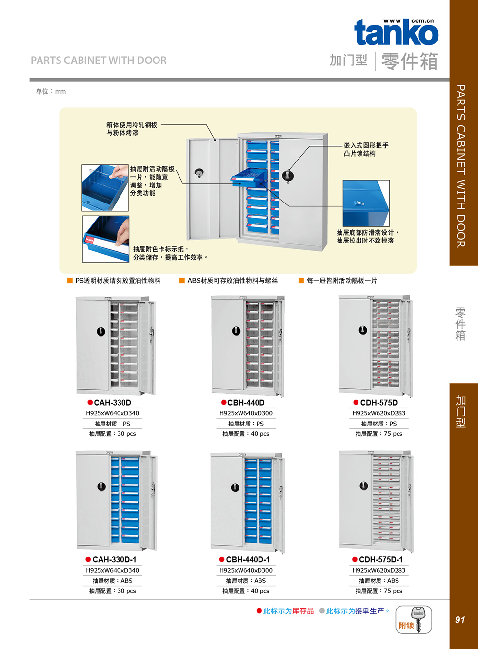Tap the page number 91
[x=459, y=620]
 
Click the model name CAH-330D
[x=112, y=403]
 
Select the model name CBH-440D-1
[x=248, y=560]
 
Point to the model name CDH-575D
[x=378, y=403]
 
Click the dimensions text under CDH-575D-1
[x=379, y=570]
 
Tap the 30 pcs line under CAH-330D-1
[x=113, y=591]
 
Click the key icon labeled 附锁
[x=414, y=620]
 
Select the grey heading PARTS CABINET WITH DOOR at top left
[x=99, y=61]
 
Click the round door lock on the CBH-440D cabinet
[x=236, y=331]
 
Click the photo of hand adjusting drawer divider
[x=105, y=188]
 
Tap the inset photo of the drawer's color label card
[x=106, y=239]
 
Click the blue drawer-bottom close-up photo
[x=366, y=203]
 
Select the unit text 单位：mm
[x=51, y=91]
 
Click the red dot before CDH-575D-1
[x=355, y=560]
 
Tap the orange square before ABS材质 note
[x=182, y=281]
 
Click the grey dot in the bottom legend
[x=322, y=611]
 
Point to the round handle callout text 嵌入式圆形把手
[x=366, y=145]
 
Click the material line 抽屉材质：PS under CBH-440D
[x=246, y=424]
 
